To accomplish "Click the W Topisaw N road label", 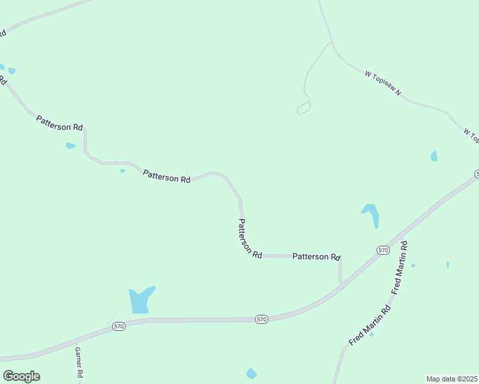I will click(x=383, y=84).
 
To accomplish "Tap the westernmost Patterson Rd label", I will click(x=60, y=123).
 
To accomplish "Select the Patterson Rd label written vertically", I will click(x=250, y=238).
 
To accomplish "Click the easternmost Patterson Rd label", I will click(x=316, y=257).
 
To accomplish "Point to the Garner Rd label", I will click(x=78, y=362).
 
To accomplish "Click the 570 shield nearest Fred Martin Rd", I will click(x=383, y=250).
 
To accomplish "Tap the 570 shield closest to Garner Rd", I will click(x=118, y=326).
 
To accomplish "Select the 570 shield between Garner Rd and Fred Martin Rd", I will click(x=261, y=319).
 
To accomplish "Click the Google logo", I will click(x=21, y=376).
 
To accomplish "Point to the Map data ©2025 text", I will click(x=452, y=379).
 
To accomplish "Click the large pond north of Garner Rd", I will click(x=140, y=300).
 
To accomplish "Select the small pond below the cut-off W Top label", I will click(x=434, y=156).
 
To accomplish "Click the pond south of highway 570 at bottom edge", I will click(x=252, y=374).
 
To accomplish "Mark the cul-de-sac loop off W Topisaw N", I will click(x=304, y=109).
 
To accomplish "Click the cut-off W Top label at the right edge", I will click(x=471, y=136).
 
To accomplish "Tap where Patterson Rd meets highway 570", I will click(x=341, y=282).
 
